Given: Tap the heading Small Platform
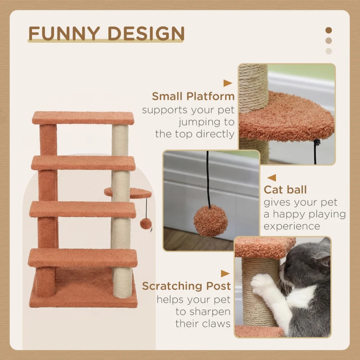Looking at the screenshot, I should [193, 96].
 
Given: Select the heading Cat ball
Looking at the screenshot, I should [285, 190].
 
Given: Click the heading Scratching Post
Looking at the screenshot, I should [186, 286].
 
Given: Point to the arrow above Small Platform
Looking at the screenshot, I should [228, 83].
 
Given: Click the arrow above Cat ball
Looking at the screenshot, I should [271, 178].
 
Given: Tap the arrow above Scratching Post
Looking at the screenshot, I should [225, 273].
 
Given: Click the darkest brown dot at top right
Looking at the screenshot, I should [328, 30].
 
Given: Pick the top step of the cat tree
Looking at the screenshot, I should [83, 118].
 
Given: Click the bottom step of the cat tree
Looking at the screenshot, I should [83, 257].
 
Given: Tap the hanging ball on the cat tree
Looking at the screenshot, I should [145, 223].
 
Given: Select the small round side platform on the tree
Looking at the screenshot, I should [130, 193].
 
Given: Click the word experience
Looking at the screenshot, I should [292, 226].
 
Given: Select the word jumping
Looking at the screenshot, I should [206, 121].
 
